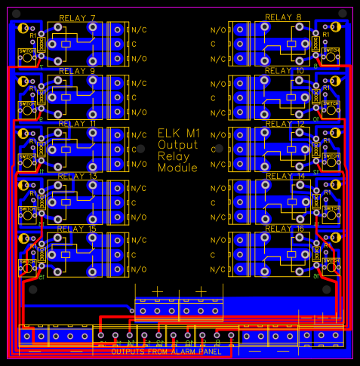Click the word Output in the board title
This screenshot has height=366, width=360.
pos(178,145)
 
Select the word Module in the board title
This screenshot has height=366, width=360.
pos(178,168)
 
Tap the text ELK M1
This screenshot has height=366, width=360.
pos(178,133)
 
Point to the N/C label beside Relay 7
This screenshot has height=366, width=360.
pos(140,30)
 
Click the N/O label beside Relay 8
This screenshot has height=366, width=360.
pos(218,30)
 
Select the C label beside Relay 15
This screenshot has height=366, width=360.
pos(134,254)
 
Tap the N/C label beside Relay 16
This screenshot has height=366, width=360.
pos(218,269)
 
